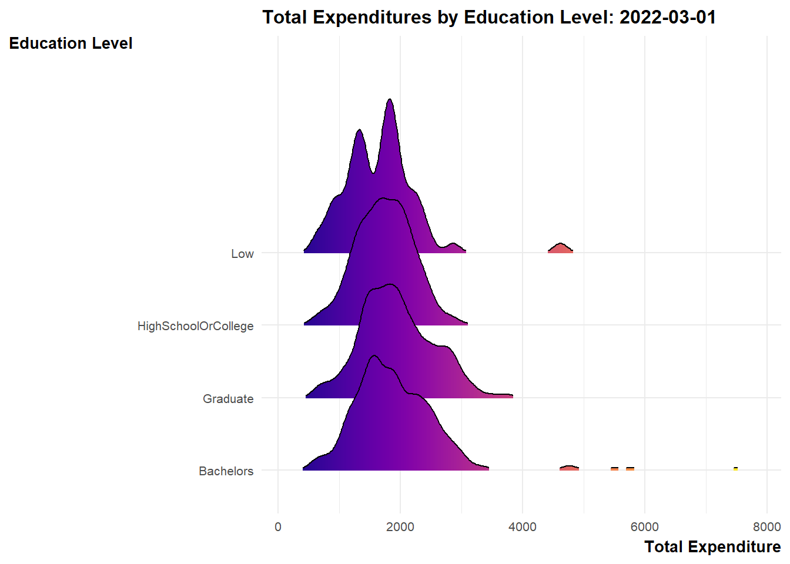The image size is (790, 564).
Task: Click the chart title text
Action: coord(489,17)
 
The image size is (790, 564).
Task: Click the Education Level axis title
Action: coord(71,43)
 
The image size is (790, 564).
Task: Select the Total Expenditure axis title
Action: coord(712,547)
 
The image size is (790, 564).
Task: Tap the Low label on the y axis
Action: coord(242,254)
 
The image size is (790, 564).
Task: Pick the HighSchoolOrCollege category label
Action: coord(195,326)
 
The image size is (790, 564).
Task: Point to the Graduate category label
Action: coord(228,399)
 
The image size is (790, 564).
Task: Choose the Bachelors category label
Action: coord(226,471)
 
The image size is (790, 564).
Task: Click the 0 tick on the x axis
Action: coord(278,527)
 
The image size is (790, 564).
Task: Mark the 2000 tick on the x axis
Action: coord(400,527)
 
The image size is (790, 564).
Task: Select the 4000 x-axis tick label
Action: coord(523,527)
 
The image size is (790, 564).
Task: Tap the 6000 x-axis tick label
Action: coord(644,527)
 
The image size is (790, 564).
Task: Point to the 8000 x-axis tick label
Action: coord(766,527)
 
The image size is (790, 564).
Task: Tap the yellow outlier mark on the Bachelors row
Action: coord(735,469)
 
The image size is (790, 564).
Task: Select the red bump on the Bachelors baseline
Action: coord(569,468)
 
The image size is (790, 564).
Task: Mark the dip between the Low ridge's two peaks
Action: coord(373,172)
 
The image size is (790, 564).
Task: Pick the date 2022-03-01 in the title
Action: coord(668,17)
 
